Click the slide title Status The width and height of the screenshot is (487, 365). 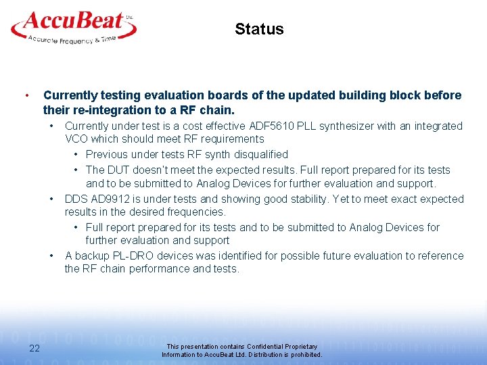pos(259,29)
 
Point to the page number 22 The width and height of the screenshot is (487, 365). pos(34,348)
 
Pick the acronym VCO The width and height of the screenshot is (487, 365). pos(77,139)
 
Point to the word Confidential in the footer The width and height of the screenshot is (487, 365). pos(247,347)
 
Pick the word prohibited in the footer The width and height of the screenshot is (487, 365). pos(305,355)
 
